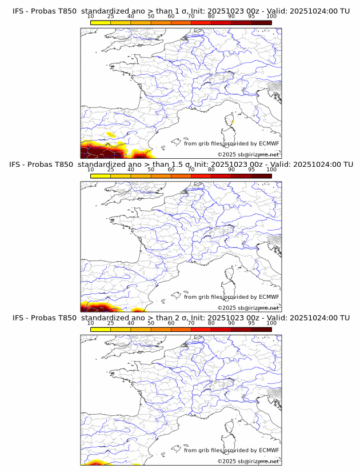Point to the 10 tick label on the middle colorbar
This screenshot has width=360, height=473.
[x=91, y=170]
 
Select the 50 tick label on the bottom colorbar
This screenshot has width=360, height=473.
[x=151, y=323]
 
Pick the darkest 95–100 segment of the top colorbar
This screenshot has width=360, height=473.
[x=261, y=23]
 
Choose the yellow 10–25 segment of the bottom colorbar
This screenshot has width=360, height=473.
[x=101, y=329]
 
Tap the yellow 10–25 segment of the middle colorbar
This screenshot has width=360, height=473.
[x=101, y=176]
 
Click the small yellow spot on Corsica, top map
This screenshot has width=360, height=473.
[x=233, y=122]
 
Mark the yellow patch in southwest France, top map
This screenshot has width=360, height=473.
[x=110, y=135]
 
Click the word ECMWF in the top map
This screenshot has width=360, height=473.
[x=269, y=143]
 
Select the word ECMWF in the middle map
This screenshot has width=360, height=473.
[x=269, y=296]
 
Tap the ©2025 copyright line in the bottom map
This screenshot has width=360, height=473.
[x=248, y=461]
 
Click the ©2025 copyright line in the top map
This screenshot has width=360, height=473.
[x=248, y=155]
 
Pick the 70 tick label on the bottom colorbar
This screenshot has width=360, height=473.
[x=191, y=323]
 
